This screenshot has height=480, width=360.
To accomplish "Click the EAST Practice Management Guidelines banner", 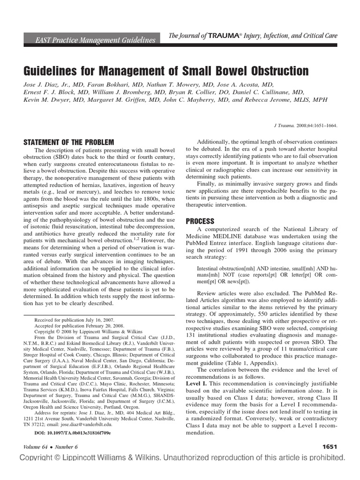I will (x=95, y=40).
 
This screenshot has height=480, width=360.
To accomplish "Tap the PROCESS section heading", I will (x=200, y=221).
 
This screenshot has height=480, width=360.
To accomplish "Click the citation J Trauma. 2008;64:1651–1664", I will (x=305, y=126).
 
